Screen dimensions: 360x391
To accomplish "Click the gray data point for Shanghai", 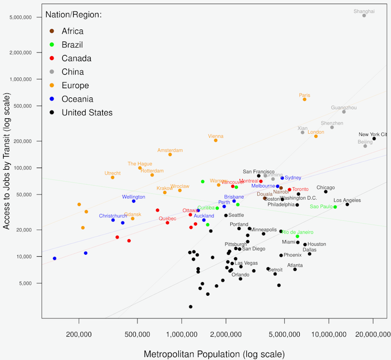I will click(364, 16).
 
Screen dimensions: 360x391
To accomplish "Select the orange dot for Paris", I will click(304, 99).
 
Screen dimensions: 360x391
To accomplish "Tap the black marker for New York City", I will click(374, 139).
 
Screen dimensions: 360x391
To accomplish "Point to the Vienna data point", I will click(216, 141).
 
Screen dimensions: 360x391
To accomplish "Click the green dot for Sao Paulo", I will click(335, 207).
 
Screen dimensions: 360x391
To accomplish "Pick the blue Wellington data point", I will click(134, 201).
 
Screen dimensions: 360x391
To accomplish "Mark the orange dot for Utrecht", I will click(113, 177).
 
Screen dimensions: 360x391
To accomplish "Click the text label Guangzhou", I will click(344, 107).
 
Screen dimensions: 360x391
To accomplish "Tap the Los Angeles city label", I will click(347, 200).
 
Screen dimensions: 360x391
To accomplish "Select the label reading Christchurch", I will click(113, 216).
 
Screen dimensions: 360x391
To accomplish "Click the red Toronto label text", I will click(300, 189).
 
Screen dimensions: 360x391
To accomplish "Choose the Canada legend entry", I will click(76, 58).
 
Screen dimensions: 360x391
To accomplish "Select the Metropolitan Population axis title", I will click(215, 354).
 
